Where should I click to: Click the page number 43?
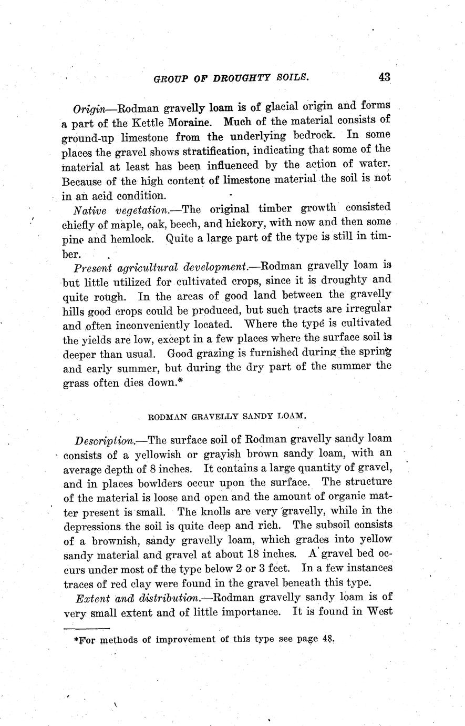pyautogui.click(x=384, y=77)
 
